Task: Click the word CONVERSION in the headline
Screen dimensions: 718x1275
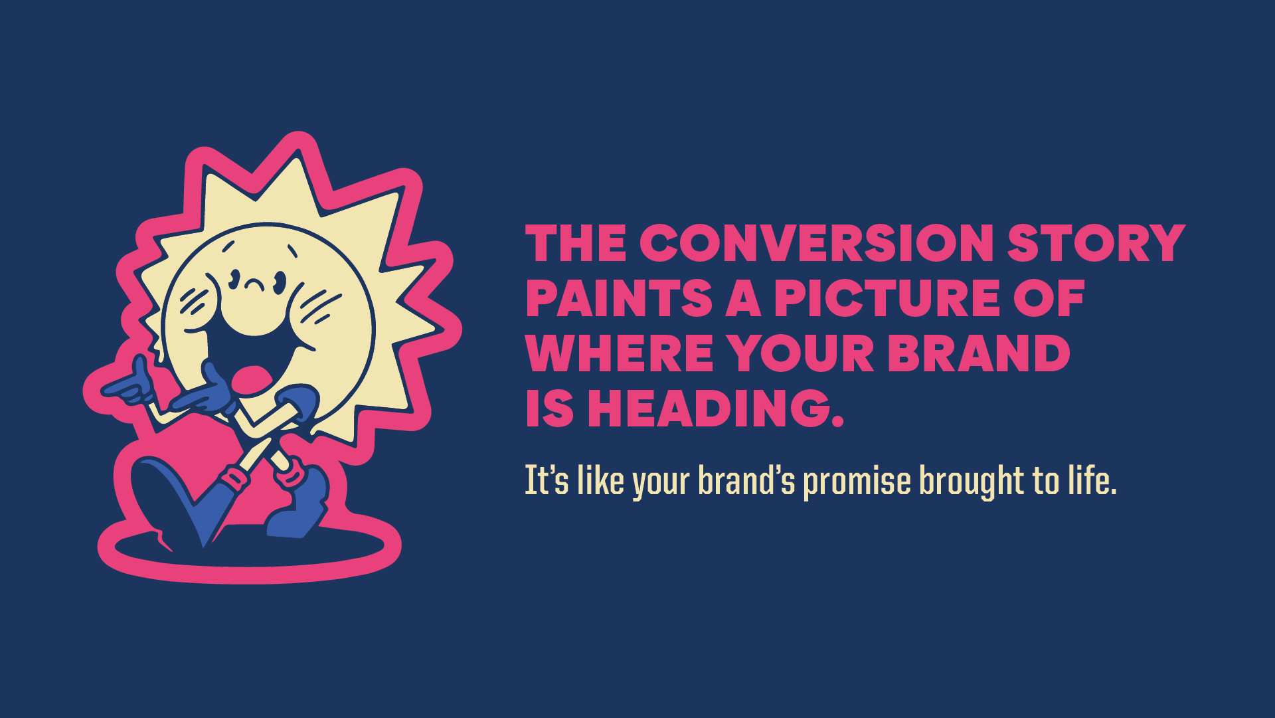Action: coord(816,243)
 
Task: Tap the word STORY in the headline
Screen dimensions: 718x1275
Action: coord(1096,243)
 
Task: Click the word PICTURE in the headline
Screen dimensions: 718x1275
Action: coord(887,298)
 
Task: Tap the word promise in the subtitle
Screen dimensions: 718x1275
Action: coord(857,482)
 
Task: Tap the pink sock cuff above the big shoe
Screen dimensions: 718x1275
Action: coord(232,477)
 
